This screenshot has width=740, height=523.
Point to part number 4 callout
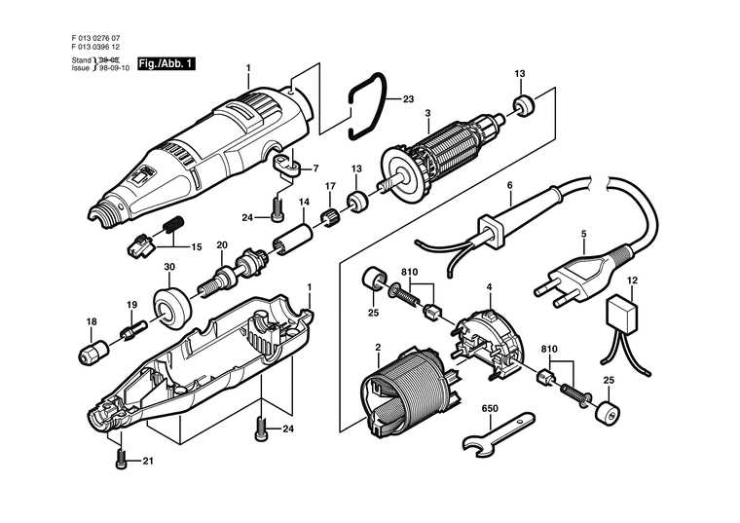pos(489,286)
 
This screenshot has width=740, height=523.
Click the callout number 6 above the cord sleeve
pos(508,184)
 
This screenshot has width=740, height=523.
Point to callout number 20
pos(221,244)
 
